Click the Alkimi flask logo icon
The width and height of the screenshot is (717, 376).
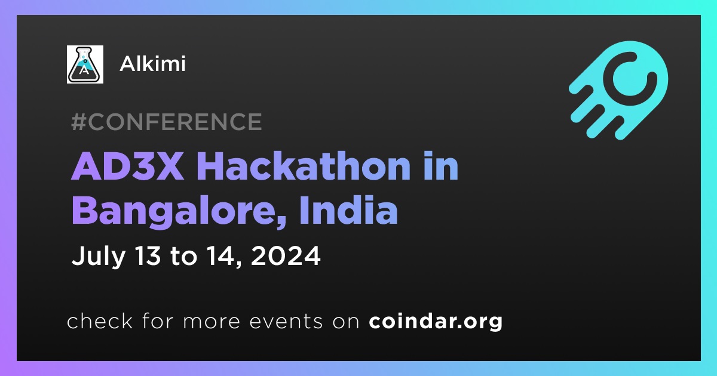point(85,64)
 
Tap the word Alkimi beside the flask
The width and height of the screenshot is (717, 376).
point(152,64)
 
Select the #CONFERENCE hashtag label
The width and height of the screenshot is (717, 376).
point(167,122)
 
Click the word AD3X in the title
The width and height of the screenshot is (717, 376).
point(128,167)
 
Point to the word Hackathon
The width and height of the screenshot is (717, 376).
point(304,166)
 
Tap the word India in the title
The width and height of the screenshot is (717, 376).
point(348,209)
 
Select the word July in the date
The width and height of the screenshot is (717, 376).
point(98,256)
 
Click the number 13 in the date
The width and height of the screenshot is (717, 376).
point(148,255)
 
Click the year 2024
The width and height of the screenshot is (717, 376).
point(286,255)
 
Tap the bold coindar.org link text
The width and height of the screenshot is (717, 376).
point(436,322)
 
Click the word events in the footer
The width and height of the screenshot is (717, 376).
point(286,322)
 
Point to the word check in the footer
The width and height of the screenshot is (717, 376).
point(100,320)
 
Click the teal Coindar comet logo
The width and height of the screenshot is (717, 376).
point(618,90)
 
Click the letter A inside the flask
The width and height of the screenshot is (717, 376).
point(84,70)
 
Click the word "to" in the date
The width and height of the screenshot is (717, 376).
point(184,257)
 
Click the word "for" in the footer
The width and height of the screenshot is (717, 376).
point(158,320)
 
